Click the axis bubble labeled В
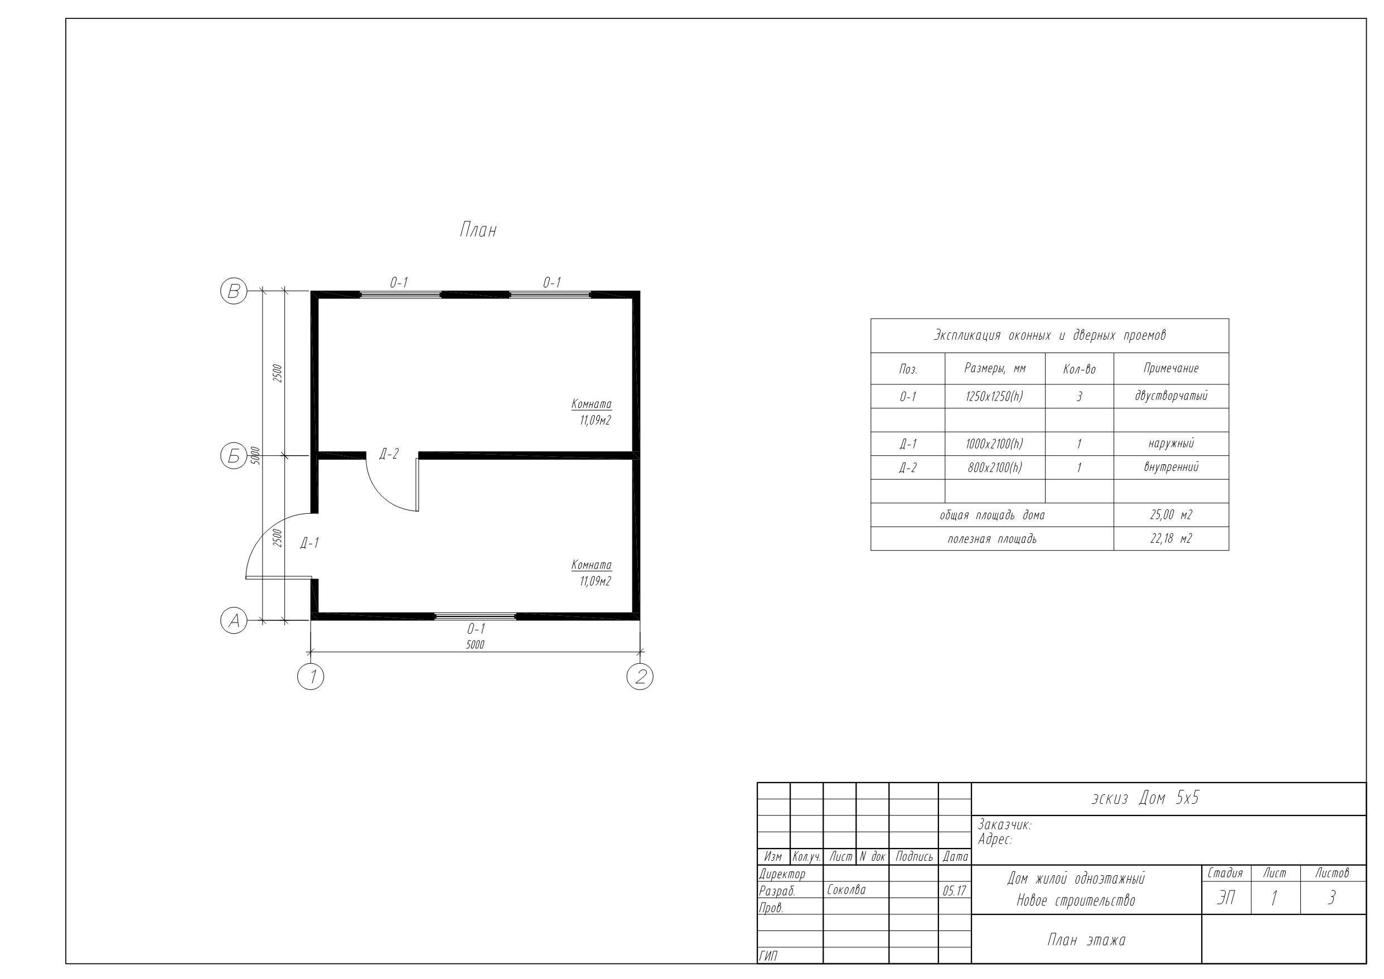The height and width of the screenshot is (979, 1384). coord(234,291)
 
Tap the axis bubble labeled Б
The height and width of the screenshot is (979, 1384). coord(234,456)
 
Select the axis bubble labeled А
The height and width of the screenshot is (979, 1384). coord(234,621)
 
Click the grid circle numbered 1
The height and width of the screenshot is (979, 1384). coord(311,677)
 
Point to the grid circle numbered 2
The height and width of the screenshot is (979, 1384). coord(640,677)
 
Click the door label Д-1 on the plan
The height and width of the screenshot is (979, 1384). coord(310,543)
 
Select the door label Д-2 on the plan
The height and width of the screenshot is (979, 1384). coord(389,454)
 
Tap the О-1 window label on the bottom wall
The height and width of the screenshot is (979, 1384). coord(476,629)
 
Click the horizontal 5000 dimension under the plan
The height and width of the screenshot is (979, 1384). coord(475,645)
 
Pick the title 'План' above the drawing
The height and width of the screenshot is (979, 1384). coord(478,230)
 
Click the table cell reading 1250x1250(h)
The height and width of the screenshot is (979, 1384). coord(995,396)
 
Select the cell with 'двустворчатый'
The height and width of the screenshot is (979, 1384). coord(1171,396)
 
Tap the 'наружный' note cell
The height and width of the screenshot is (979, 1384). coord(1171,444)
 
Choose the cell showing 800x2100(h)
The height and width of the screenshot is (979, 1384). coord(995,467)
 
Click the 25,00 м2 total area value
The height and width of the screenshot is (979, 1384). coord(1171,515)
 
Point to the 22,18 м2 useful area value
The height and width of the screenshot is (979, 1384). coord(1171,539)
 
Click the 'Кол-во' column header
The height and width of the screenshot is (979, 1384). coord(1079,369)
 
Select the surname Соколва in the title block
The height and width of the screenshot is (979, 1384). coord(846,890)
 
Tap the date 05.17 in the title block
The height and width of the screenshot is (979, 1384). coord(954,891)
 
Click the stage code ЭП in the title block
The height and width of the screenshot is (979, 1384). coord(1226,899)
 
